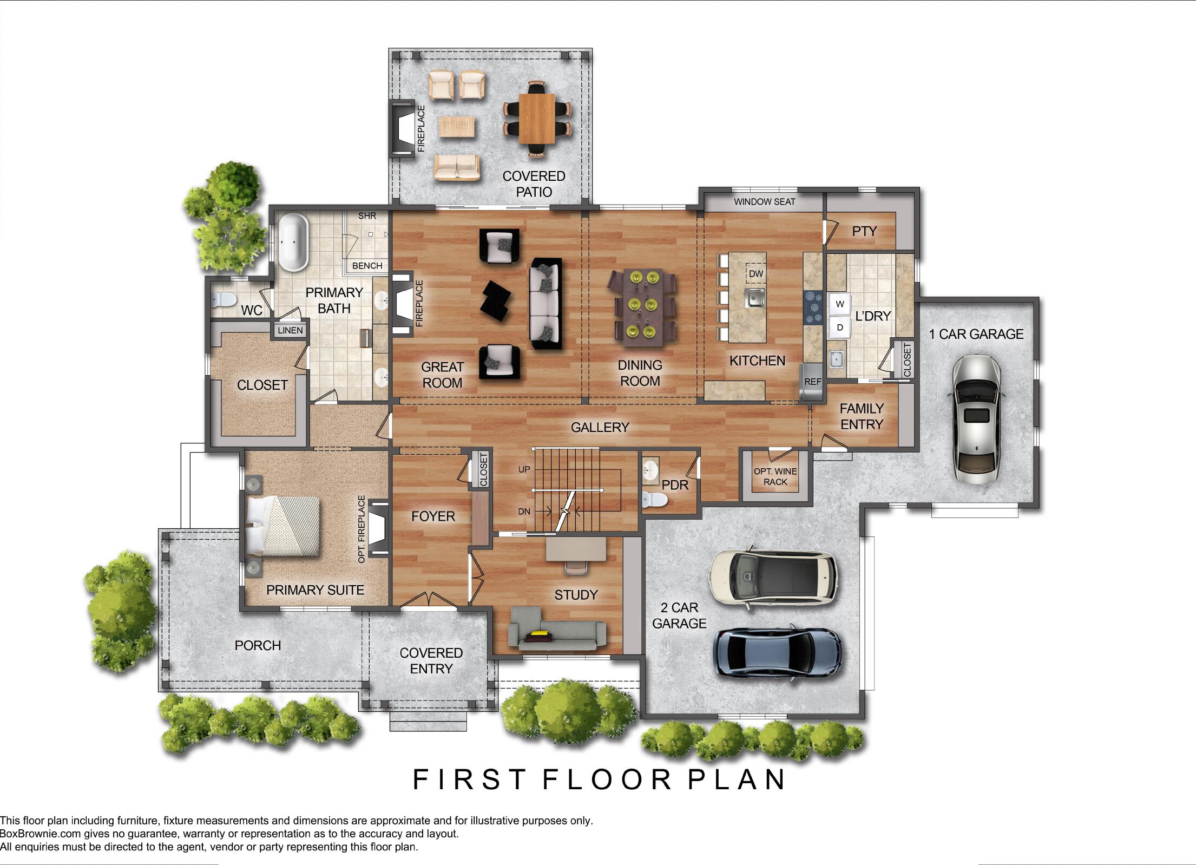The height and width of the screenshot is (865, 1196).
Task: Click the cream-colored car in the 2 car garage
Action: pyautogui.click(x=773, y=581)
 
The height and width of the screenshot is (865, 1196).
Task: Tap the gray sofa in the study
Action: pyautogui.click(x=557, y=628)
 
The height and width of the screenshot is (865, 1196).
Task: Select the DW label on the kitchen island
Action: pyautogui.click(x=756, y=274)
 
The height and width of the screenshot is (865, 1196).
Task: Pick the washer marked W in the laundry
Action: pyautogui.click(x=840, y=304)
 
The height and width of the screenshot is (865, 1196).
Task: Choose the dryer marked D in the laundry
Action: pyautogui.click(x=840, y=327)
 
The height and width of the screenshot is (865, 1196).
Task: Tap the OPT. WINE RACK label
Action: pyautogui.click(x=775, y=476)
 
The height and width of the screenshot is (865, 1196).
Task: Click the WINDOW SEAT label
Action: pyautogui.click(x=765, y=202)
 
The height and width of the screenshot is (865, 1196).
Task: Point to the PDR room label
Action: pyautogui.click(x=675, y=485)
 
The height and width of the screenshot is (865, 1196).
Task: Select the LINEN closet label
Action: pyautogui.click(x=290, y=330)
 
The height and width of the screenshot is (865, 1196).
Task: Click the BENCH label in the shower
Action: pyautogui.click(x=367, y=266)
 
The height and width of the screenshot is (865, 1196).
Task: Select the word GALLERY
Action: pyautogui.click(x=600, y=427)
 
